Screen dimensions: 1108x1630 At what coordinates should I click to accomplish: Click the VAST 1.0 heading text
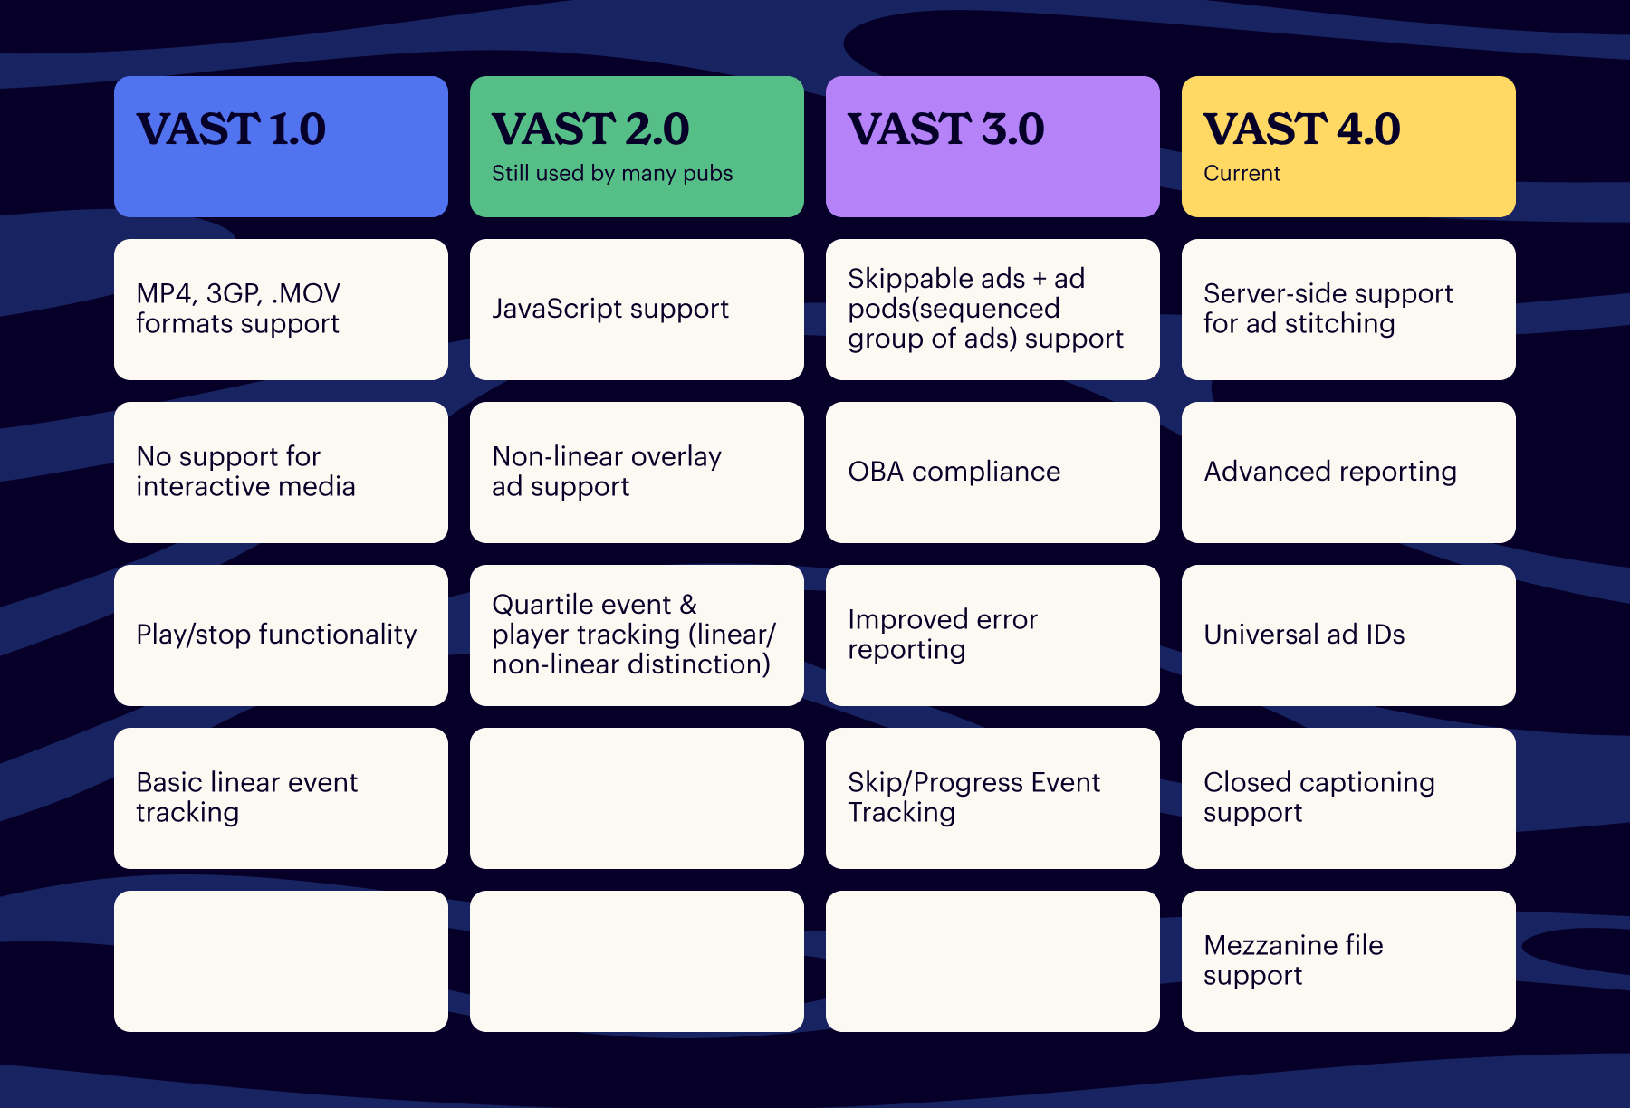point(231,129)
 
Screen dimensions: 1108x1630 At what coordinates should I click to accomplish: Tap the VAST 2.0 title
point(590,129)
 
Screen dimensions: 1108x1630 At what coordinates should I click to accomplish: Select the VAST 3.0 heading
point(945,129)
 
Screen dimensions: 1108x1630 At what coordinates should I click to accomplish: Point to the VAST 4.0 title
point(1301,129)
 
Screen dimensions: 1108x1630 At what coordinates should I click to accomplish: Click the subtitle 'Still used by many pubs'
point(612,173)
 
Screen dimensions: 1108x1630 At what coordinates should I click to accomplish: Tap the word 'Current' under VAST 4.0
point(1242,173)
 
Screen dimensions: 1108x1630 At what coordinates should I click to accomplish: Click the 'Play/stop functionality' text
point(276,635)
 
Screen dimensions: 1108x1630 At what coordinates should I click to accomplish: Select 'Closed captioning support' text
point(1318,797)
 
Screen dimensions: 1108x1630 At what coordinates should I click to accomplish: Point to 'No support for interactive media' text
point(245,472)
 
